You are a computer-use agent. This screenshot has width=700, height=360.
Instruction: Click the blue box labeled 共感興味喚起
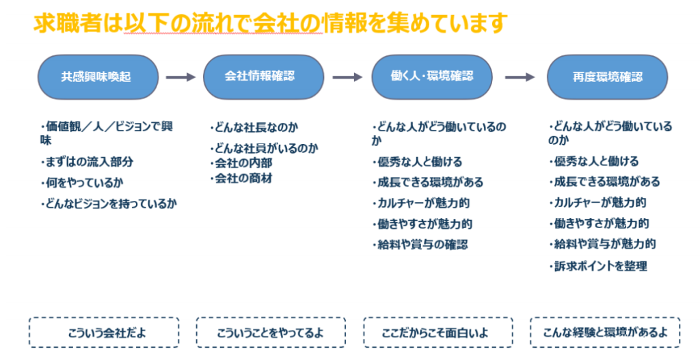click(x=98, y=77)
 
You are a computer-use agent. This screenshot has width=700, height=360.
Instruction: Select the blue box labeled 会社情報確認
click(x=264, y=77)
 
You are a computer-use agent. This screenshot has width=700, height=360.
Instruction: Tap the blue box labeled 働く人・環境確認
click(x=431, y=77)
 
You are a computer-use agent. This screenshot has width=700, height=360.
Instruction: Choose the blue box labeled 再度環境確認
click(x=607, y=77)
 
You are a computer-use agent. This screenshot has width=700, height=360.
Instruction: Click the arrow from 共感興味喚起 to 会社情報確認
click(x=180, y=77)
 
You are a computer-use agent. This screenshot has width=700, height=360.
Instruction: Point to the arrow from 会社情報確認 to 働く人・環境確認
click(x=347, y=77)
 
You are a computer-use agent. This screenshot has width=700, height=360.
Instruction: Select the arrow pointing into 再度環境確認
click(x=520, y=77)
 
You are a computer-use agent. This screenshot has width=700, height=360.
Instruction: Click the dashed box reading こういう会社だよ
click(x=104, y=333)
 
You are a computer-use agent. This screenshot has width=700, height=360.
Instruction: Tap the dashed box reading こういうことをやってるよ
click(x=271, y=333)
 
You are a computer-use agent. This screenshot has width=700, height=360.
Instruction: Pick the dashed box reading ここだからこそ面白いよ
click(x=437, y=333)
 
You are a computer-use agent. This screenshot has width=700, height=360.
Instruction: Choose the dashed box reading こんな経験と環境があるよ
click(x=605, y=333)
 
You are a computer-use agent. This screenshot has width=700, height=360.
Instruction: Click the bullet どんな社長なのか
click(x=254, y=127)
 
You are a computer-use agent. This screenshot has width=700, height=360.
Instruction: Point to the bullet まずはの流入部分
click(x=86, y=162)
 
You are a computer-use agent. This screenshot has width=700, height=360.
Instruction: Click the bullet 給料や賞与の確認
click(x=420, y=244)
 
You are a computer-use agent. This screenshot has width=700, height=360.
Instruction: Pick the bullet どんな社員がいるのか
click(x=264, y=148)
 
